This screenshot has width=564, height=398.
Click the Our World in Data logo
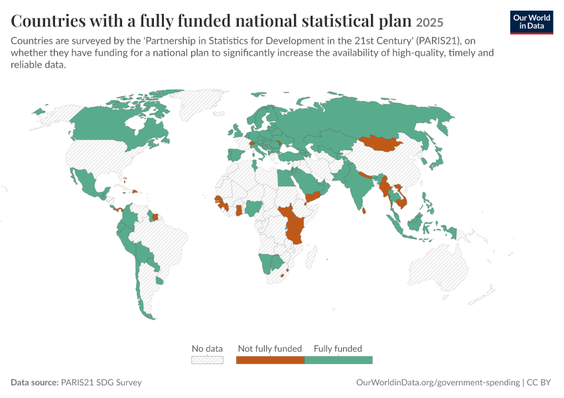(531, 23)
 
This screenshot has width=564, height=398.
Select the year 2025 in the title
(429, 23)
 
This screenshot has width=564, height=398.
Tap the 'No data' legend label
(207, 348)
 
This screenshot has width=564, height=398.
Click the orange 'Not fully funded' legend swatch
(270, 360)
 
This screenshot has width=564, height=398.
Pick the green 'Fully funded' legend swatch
(338, 360)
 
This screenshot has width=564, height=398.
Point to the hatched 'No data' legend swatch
(207, 360)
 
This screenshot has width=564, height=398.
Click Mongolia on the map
(382, 143)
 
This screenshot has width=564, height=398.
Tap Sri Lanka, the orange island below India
(364, 210)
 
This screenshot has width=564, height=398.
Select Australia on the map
(439, 267)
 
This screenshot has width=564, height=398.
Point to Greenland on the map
(202, 103)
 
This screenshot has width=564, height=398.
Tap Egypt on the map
(285, 178)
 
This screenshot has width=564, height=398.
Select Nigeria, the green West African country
(253, 208)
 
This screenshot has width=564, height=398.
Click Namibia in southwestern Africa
(266, 263)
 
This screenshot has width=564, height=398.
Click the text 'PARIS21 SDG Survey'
(101, 382)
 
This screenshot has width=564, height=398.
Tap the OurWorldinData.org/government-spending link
(438, 382)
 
